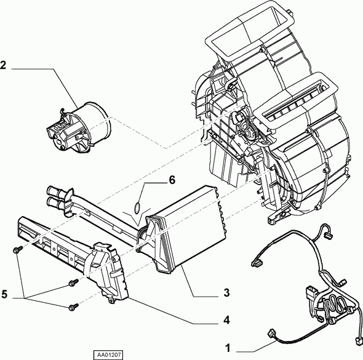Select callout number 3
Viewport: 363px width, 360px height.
[226, 293]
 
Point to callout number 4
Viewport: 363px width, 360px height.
[226, 320]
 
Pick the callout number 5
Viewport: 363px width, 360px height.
[5, 295]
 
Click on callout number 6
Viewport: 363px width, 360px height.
[172, 180]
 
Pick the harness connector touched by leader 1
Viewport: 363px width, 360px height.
[271, 334]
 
